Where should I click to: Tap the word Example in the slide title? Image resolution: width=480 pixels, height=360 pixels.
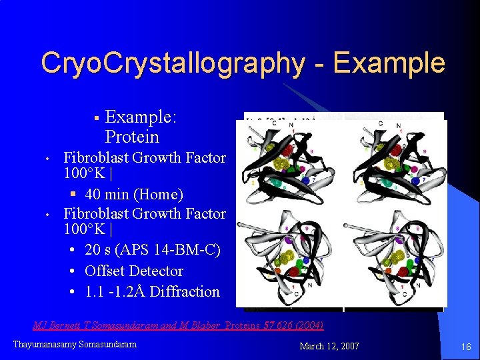(389, 64)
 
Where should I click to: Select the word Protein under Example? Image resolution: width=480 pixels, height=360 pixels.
(132, 137)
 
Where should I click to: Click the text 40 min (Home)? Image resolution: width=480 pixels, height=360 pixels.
(134, 195)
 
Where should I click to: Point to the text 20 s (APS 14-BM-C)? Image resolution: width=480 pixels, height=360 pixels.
(153, 250)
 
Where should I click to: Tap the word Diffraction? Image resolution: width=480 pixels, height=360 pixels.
(185, 292)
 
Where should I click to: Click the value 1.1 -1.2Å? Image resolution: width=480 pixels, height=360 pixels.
(115, 292)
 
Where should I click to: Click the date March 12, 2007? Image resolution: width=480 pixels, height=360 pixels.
(329, 346)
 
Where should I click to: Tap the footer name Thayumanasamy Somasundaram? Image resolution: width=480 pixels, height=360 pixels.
(75, 344)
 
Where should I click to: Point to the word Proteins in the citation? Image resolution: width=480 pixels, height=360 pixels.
(245, 325)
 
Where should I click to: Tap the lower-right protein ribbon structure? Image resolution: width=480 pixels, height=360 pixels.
(395, 260)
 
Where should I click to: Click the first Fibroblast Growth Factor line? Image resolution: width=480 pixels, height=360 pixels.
(144, 158)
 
